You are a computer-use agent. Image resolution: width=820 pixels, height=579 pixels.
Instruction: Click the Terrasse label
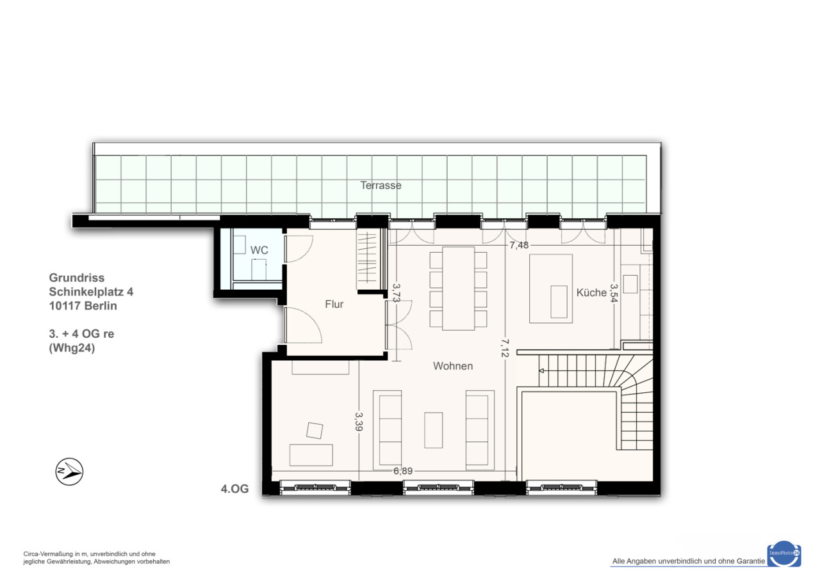381,186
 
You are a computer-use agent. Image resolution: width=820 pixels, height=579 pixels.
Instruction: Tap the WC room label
259,250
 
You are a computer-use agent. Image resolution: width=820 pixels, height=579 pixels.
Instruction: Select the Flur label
334,304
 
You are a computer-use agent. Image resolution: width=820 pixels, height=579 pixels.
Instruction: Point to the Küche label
591,292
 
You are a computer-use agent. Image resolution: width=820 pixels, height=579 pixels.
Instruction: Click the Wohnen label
453,366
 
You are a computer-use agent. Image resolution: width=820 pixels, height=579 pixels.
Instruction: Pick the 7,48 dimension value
519,245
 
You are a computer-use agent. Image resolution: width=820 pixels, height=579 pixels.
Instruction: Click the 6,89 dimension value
403,471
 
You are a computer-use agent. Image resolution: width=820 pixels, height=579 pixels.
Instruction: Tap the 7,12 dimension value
505,347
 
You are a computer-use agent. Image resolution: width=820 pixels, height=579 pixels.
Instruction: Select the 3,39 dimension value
359,422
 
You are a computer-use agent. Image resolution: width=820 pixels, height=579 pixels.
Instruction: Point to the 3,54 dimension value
614,293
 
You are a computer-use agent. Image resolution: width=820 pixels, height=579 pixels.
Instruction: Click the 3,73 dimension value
397,293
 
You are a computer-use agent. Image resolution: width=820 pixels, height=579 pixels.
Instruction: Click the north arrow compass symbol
69,472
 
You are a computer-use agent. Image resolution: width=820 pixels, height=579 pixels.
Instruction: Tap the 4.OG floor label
234,489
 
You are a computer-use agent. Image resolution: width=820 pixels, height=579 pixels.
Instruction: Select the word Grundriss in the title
77,278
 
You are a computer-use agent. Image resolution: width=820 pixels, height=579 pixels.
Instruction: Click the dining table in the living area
458,289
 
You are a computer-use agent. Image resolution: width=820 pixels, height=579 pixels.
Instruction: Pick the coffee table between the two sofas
434,430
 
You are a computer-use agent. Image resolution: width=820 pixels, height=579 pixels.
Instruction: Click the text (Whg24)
72,347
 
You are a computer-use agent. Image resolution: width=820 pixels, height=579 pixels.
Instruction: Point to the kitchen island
551,289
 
